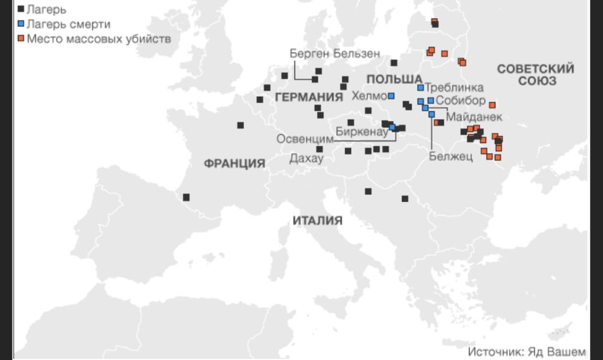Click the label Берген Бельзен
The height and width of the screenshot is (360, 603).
[x=335, y=53]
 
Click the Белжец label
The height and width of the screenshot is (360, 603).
[x=451, y=157]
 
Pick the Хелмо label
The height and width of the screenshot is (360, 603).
[x=369, y=96]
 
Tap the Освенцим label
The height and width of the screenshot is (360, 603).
[x=304, y=139]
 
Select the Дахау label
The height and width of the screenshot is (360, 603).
[x=306, y=158]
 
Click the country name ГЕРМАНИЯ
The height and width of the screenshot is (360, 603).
[x=304, y=97]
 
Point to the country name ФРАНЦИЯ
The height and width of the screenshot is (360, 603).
[x=234, y=163]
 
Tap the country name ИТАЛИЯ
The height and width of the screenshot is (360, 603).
[x=318, y=221]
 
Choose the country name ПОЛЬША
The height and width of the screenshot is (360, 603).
[x=394, y=80]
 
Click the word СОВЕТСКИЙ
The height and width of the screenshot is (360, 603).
[x=535, y=69]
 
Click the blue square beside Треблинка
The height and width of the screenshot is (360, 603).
[x=421, y=88]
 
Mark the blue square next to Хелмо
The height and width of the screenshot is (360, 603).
[x=391, y=96]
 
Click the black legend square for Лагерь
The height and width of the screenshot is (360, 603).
[x=22, y=10]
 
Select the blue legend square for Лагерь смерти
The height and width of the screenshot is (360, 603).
[x=22, y=24]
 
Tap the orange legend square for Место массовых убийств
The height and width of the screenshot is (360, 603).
[x=22, y=39]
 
